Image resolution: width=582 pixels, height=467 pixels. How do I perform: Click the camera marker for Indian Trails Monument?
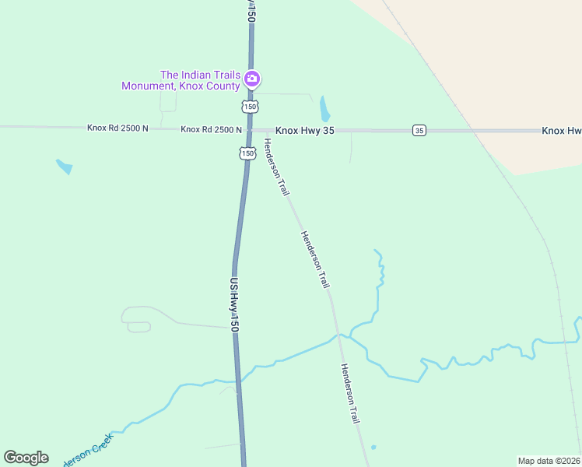[x=251, y=79]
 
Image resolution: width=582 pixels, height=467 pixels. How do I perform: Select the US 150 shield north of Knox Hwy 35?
[x=249, y=106]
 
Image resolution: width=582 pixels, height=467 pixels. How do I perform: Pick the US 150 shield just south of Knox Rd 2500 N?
[x=247, y=153]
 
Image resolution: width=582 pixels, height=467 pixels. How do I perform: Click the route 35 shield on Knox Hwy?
[x=419, y=130]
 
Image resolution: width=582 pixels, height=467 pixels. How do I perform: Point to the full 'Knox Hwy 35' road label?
[x=304, y=130]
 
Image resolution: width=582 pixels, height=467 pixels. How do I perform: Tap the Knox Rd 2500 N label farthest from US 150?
[x=117, y=128]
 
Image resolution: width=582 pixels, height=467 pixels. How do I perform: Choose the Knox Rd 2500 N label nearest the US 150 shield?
[x=211, y=129]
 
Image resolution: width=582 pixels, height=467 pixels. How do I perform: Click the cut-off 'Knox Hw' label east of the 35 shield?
[x=561, y=130]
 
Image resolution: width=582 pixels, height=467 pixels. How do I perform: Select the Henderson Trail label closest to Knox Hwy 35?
[x=276, y=167]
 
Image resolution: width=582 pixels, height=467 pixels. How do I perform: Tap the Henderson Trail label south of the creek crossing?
[x=350, y=394]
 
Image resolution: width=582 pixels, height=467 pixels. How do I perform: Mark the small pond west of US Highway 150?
[x=65, y=166]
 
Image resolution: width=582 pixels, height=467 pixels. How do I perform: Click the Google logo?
[x=26, y=458]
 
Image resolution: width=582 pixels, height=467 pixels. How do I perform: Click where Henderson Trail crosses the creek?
[x=337, y=335]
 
